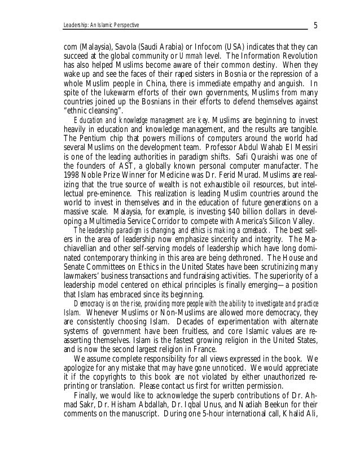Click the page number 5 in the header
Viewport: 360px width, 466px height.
[315, 25]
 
